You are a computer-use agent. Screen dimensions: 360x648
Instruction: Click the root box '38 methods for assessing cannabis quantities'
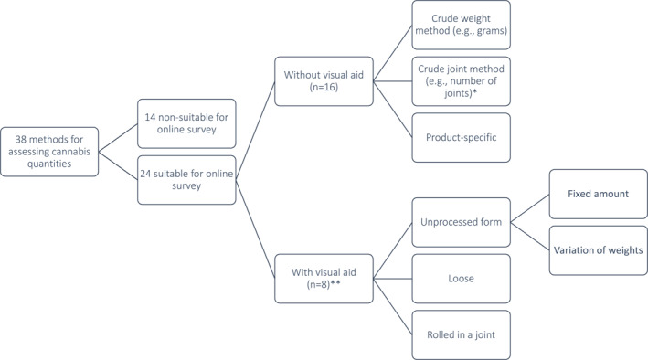click(50, 151)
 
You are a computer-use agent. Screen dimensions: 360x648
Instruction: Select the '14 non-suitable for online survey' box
click(186, 123)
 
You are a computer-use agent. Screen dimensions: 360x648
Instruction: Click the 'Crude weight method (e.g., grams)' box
click(461, 25)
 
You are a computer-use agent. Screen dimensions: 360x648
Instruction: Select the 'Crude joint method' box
click(461, 80)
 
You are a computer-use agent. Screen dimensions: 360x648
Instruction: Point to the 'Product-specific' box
click(461, 136)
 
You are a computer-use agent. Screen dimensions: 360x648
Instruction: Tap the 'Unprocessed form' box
click(461, 222)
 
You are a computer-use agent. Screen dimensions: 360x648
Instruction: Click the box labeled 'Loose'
click(461, 278)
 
